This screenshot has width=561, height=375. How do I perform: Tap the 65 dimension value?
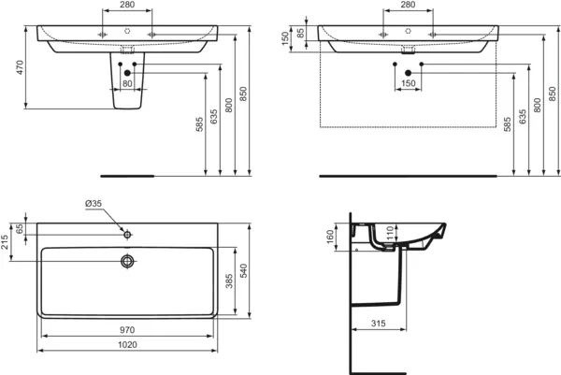click(21, 229)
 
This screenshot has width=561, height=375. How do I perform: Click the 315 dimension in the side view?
click(380, 322)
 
